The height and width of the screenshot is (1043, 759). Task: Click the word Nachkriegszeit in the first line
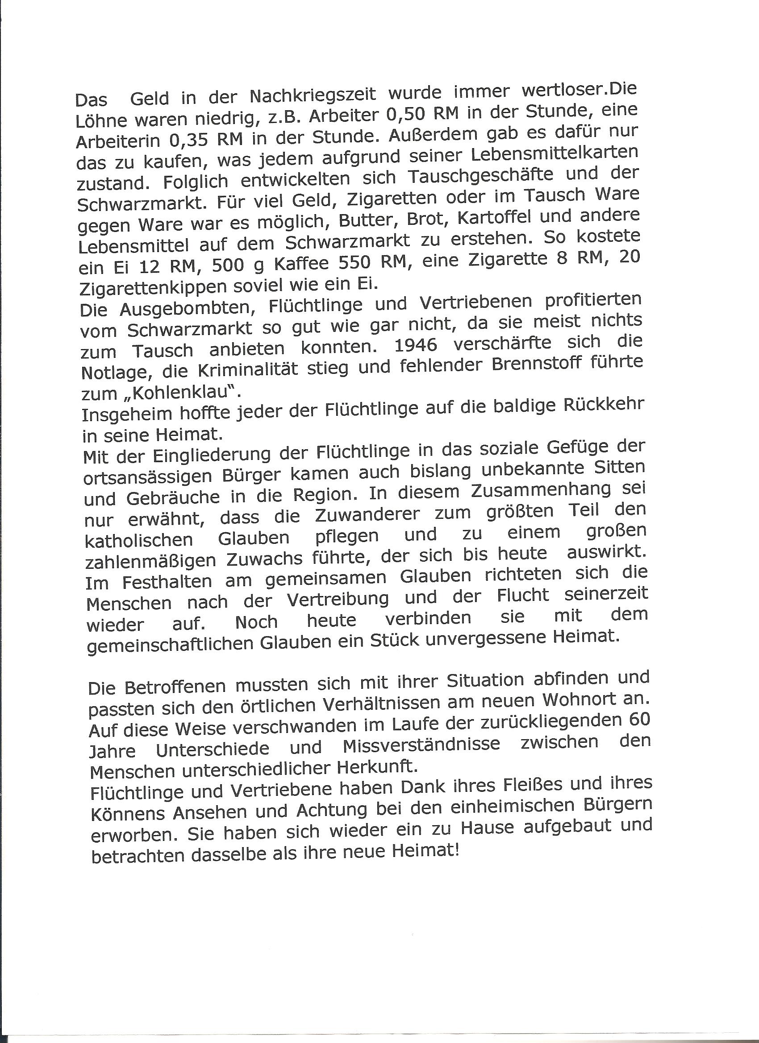tap(313, 95)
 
